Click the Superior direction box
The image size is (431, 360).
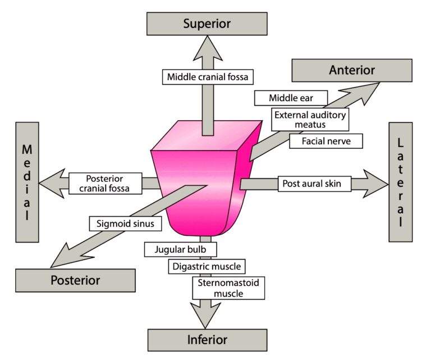207,24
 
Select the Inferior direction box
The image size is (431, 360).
207,340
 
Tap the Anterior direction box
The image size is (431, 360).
352,70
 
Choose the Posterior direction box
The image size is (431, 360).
75,280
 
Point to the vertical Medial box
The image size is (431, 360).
26,183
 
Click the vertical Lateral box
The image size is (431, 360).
400,183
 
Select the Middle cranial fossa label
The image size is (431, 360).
207,76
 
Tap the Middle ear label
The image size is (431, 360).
291,98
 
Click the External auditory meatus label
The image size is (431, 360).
310,119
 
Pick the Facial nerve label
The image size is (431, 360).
326,141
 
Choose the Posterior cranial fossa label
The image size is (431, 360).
104,183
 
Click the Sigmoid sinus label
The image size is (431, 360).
125,224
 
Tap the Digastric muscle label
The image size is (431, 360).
207,266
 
